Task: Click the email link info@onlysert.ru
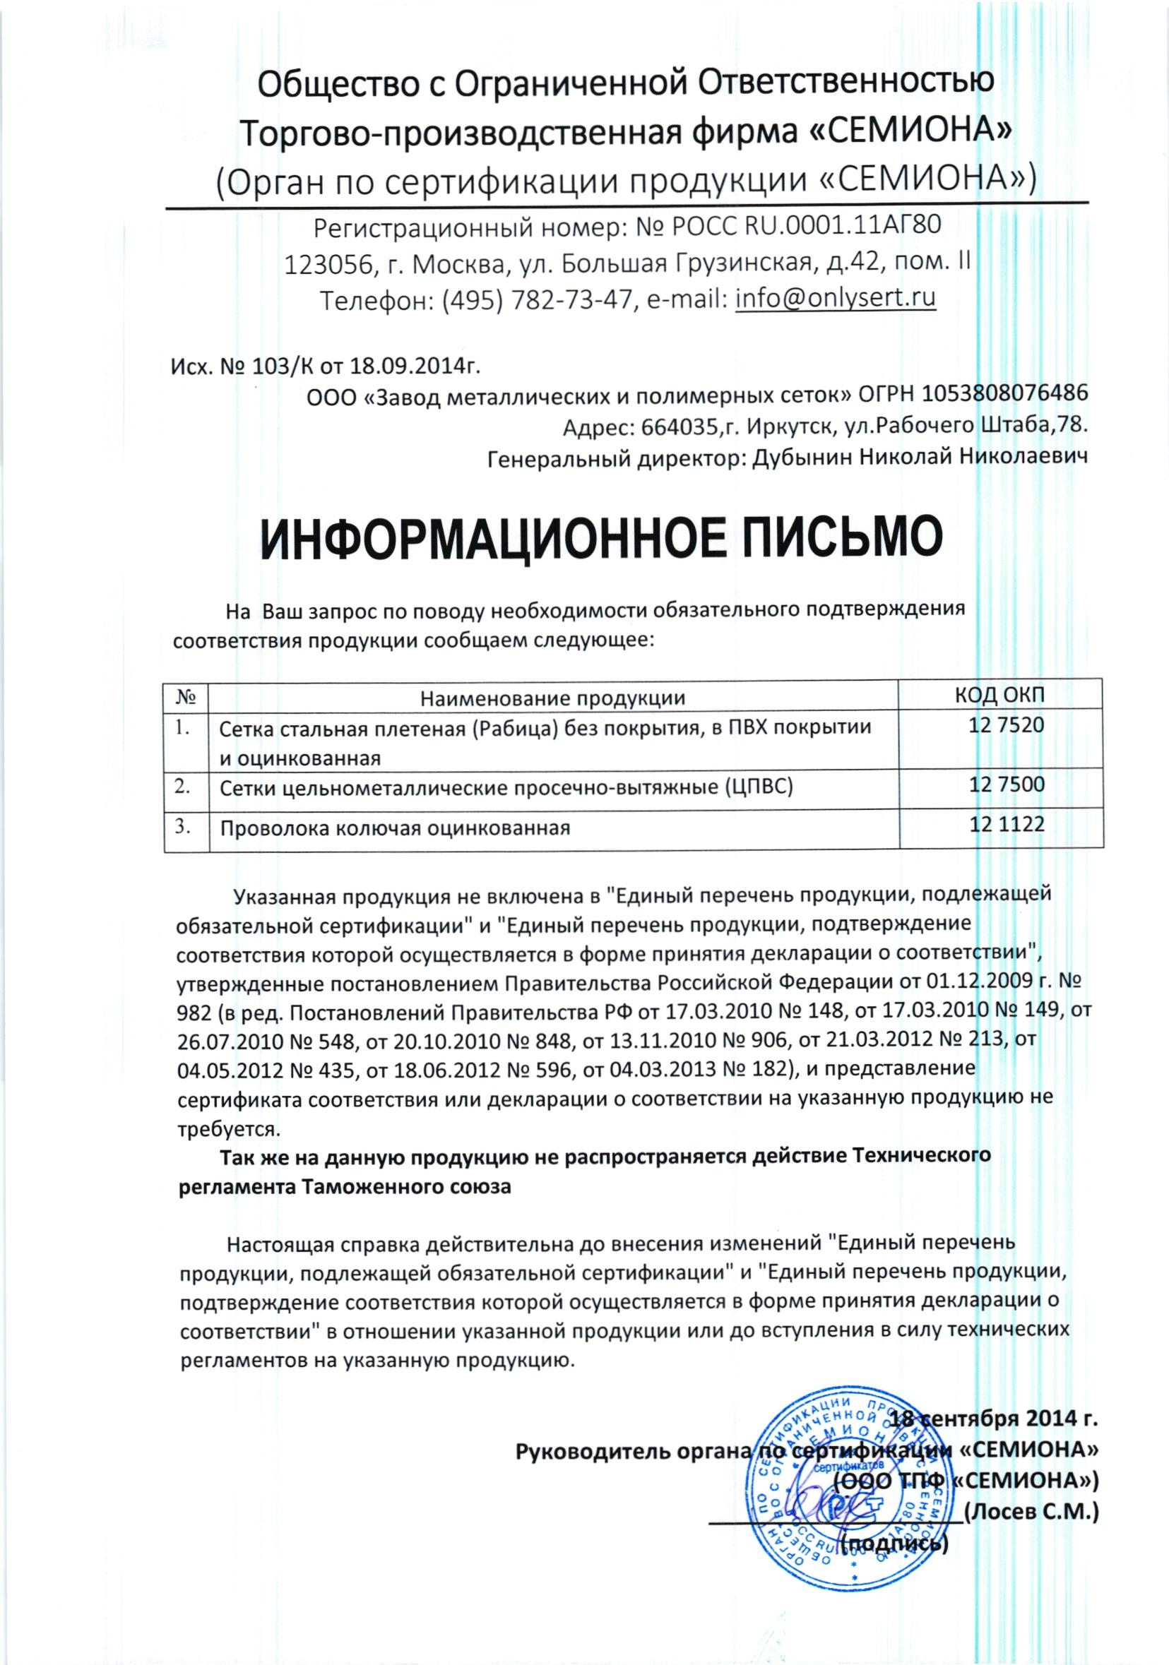coord(835,298)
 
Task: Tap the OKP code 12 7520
coord(1007,725)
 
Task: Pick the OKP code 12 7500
coord(1007,784)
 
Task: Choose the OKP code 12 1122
coord(1007,824)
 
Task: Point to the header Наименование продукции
coord(553,698)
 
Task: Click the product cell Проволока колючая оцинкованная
coord(396,828)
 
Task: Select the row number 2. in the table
coord(184,786)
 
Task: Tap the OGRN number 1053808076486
coord(1005,395)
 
